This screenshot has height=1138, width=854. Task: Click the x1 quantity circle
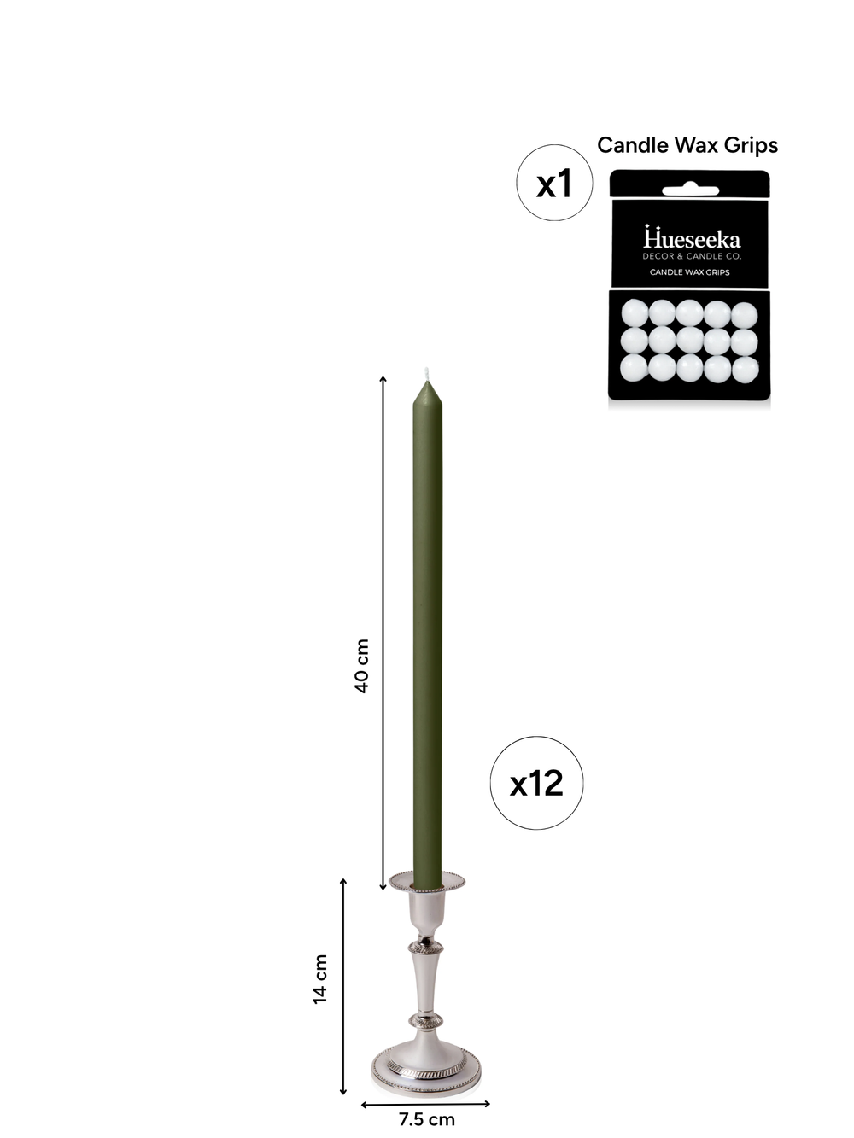(x=554, y=183)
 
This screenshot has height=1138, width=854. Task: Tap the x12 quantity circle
(x=536, y=783)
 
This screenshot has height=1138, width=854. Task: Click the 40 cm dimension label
(x=361, y=666)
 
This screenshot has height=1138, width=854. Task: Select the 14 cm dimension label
(x=320, y=979)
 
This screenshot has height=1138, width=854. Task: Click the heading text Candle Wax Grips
(x=687, y=145)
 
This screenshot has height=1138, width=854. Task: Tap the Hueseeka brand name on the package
(x=692, y=237)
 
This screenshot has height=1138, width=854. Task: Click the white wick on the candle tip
(x=427, y=373)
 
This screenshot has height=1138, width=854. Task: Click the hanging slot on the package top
(x=690, y=190)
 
